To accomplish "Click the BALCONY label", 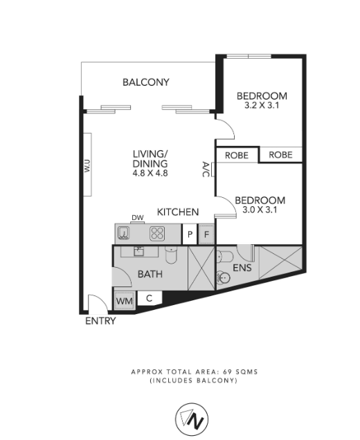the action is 146,82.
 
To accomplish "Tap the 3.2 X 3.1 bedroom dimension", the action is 262,106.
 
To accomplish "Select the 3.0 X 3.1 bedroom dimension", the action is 260,210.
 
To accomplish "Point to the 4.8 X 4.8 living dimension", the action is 150,173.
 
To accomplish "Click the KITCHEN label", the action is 178,212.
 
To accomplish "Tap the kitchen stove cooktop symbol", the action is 157,233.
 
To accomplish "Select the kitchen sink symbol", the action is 123,233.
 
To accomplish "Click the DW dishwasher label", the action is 138,217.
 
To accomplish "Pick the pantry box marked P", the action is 190,234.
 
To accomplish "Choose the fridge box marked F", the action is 206,234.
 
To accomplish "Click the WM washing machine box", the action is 125,301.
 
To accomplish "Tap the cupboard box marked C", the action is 150,298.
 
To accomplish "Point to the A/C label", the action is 206,169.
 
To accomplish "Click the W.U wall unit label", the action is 87,165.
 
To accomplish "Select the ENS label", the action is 242,268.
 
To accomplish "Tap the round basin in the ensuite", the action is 224,277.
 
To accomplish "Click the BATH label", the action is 150,274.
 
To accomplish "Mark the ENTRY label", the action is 100,321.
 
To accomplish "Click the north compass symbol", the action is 192,419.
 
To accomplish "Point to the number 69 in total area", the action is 227,372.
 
